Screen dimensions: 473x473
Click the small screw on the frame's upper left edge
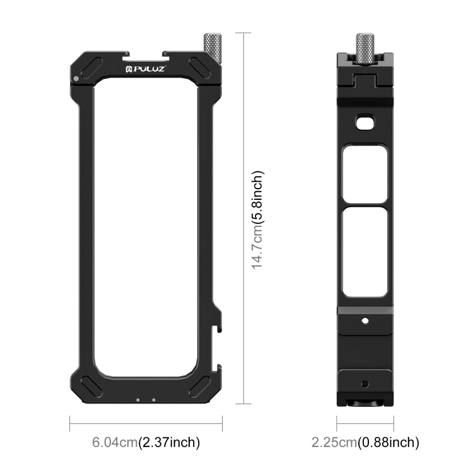tap(76, 79)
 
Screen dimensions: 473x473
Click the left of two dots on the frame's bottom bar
tap(138, 398)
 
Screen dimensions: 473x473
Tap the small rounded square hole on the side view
tap(364, 122)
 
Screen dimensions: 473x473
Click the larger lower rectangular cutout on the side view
tap(365, 252)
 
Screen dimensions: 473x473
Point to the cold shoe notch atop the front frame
tap(146, 55)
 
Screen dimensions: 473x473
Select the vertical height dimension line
tap(243, 218)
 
